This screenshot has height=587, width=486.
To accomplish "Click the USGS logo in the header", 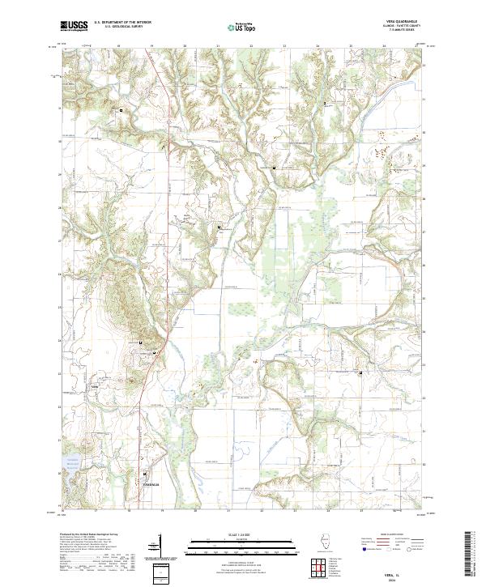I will (x=75, y=27).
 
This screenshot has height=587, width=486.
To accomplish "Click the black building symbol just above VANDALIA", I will (x=146, y=474).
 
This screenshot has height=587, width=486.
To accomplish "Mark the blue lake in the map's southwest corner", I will (x=62, y=471).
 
